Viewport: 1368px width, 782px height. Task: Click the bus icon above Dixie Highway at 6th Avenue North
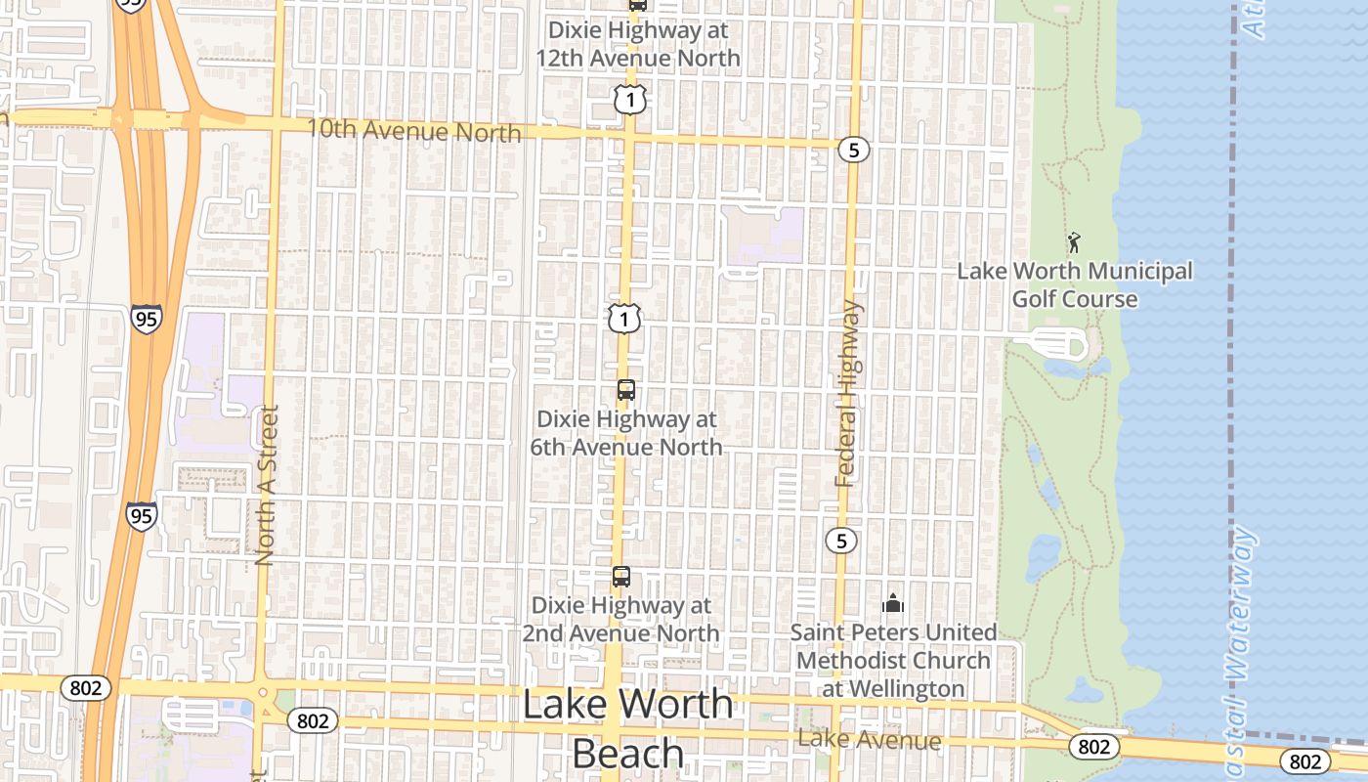coord(626,390)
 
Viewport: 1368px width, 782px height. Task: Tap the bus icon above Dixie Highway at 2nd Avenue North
coord(621,577)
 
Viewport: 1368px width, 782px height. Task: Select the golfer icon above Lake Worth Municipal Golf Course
coord(1074,242)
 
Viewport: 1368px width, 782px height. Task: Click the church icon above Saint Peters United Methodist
coord(893,603)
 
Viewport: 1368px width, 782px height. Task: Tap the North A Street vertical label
coord(266,486)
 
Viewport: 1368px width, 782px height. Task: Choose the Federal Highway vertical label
coord(848,393)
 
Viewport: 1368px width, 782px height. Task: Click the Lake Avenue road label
coord(870,740)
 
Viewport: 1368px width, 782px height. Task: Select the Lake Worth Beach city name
coord(627,728)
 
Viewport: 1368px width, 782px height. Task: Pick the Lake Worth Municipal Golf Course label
coord(1075,284)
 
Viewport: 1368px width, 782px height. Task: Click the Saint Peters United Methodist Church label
coord(893,661)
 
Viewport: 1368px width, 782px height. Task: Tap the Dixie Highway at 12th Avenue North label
coord(637,44)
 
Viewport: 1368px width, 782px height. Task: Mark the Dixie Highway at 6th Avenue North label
coord(626,433)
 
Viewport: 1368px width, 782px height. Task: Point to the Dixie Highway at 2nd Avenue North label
coord(620,619)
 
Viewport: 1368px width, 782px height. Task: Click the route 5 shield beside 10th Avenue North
coord(853,150)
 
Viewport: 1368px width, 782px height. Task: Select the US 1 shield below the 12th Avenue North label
coord(631,99)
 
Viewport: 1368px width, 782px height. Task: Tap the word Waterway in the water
coord(1240,605)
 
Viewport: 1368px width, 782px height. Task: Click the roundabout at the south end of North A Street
coord(262,693)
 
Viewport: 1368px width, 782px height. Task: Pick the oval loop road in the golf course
coord(1050,343)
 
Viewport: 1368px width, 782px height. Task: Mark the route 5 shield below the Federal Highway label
coord(841,540)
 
